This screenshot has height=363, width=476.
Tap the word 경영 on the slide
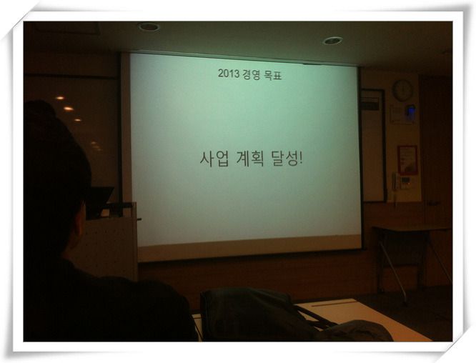click(252, 74)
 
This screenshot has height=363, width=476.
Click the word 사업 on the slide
click(214, 158)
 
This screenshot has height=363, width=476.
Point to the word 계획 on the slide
click(250, 159)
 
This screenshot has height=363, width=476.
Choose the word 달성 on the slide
click(284, 159)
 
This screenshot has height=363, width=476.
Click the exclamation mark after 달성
click(300, 159)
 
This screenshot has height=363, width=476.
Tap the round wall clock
click(402, 90)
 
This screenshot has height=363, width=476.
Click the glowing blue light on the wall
click(411, 111)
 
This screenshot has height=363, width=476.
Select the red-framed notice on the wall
click(407, 160)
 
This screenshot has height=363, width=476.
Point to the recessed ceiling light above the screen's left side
click(149, 26)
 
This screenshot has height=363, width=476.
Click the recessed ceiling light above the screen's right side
click(333, 40)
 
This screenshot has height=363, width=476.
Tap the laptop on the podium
click(99, 202)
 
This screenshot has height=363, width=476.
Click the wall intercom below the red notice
click(405, 182)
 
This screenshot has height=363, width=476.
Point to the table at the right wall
click(412, 255)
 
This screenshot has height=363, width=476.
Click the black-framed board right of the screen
click(373, 145)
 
